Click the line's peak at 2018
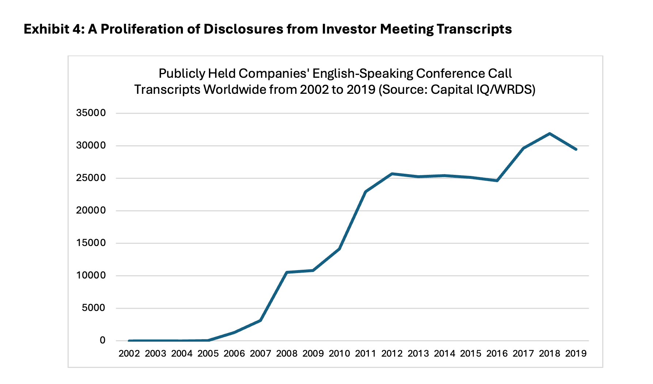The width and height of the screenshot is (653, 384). click(550, 134)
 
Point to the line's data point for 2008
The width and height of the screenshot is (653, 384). click(287, 272)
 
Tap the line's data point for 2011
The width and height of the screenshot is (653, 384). click(366, 192)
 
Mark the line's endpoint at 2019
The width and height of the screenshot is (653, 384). click(576, 149)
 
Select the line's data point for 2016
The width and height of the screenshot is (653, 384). click(497, 181)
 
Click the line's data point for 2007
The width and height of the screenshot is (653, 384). click(260, 320)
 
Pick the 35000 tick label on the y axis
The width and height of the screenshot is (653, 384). click(91, 113)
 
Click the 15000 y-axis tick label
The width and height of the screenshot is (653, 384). click(91, 243)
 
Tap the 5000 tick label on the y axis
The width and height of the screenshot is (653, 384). click(93, 308)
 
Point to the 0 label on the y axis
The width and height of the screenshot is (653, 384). click(103, 340)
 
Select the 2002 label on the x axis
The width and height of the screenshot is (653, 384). click(129, 353)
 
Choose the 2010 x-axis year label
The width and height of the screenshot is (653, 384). click(339, 353)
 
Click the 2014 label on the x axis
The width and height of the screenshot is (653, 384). click(444, 353)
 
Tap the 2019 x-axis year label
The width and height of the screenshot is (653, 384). click(576, 353)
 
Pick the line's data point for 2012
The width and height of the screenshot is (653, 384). click(392, 174)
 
